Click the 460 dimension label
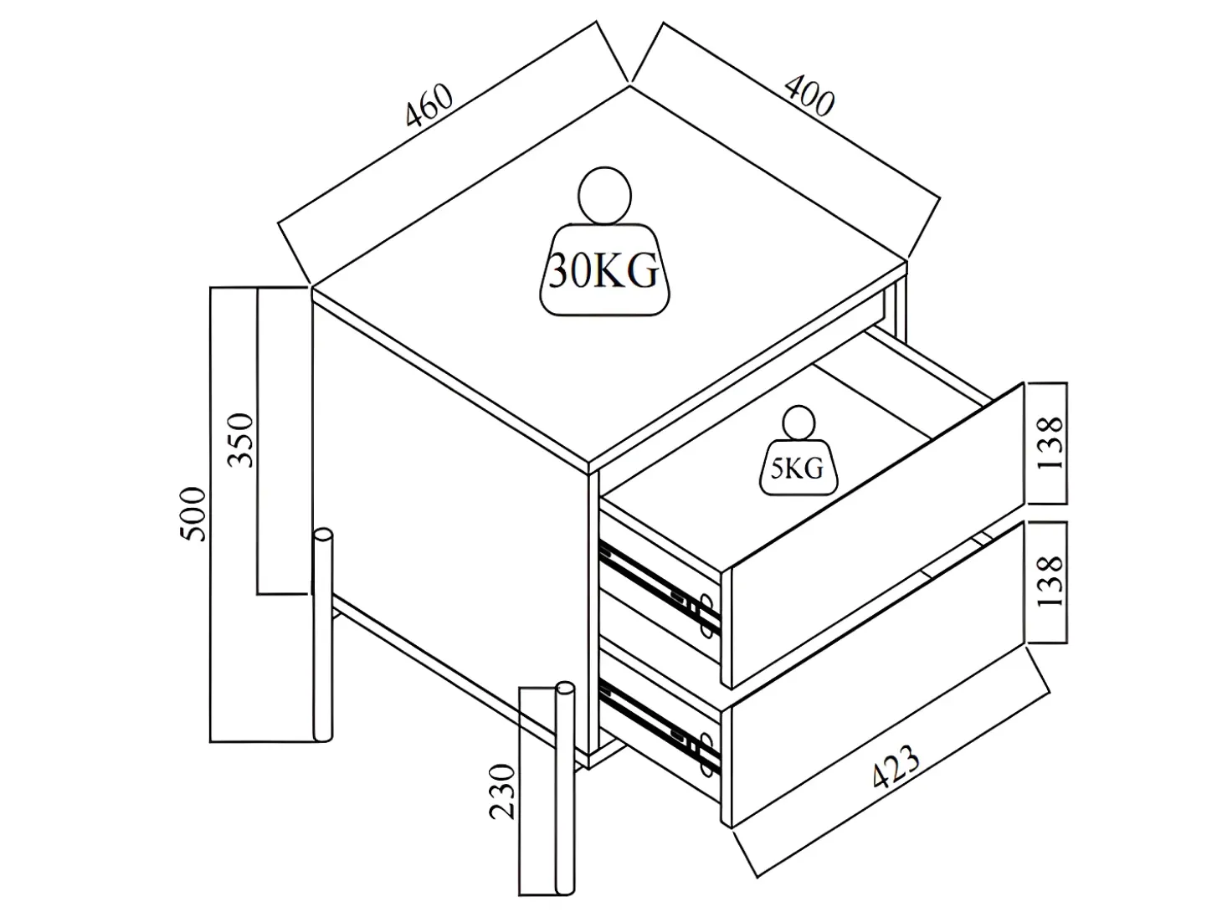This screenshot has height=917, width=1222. (429, 105)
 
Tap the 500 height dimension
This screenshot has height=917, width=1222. (193, 514)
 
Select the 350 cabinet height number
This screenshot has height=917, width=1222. (240, 440)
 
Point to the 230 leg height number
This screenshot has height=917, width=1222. (502, 791)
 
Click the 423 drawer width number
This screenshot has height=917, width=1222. (896, 766)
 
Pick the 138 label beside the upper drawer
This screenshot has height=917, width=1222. (1050, 443)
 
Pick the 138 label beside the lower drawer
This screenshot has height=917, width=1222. (1050, 581)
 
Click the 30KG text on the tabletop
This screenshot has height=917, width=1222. (604, 271)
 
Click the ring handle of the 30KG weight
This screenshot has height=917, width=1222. (604, 195)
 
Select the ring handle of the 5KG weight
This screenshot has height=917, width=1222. (798, 423)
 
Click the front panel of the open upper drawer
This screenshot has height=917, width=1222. (877, 534)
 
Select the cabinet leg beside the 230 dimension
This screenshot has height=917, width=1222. (565, 788)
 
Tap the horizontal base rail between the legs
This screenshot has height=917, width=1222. (445, 668)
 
